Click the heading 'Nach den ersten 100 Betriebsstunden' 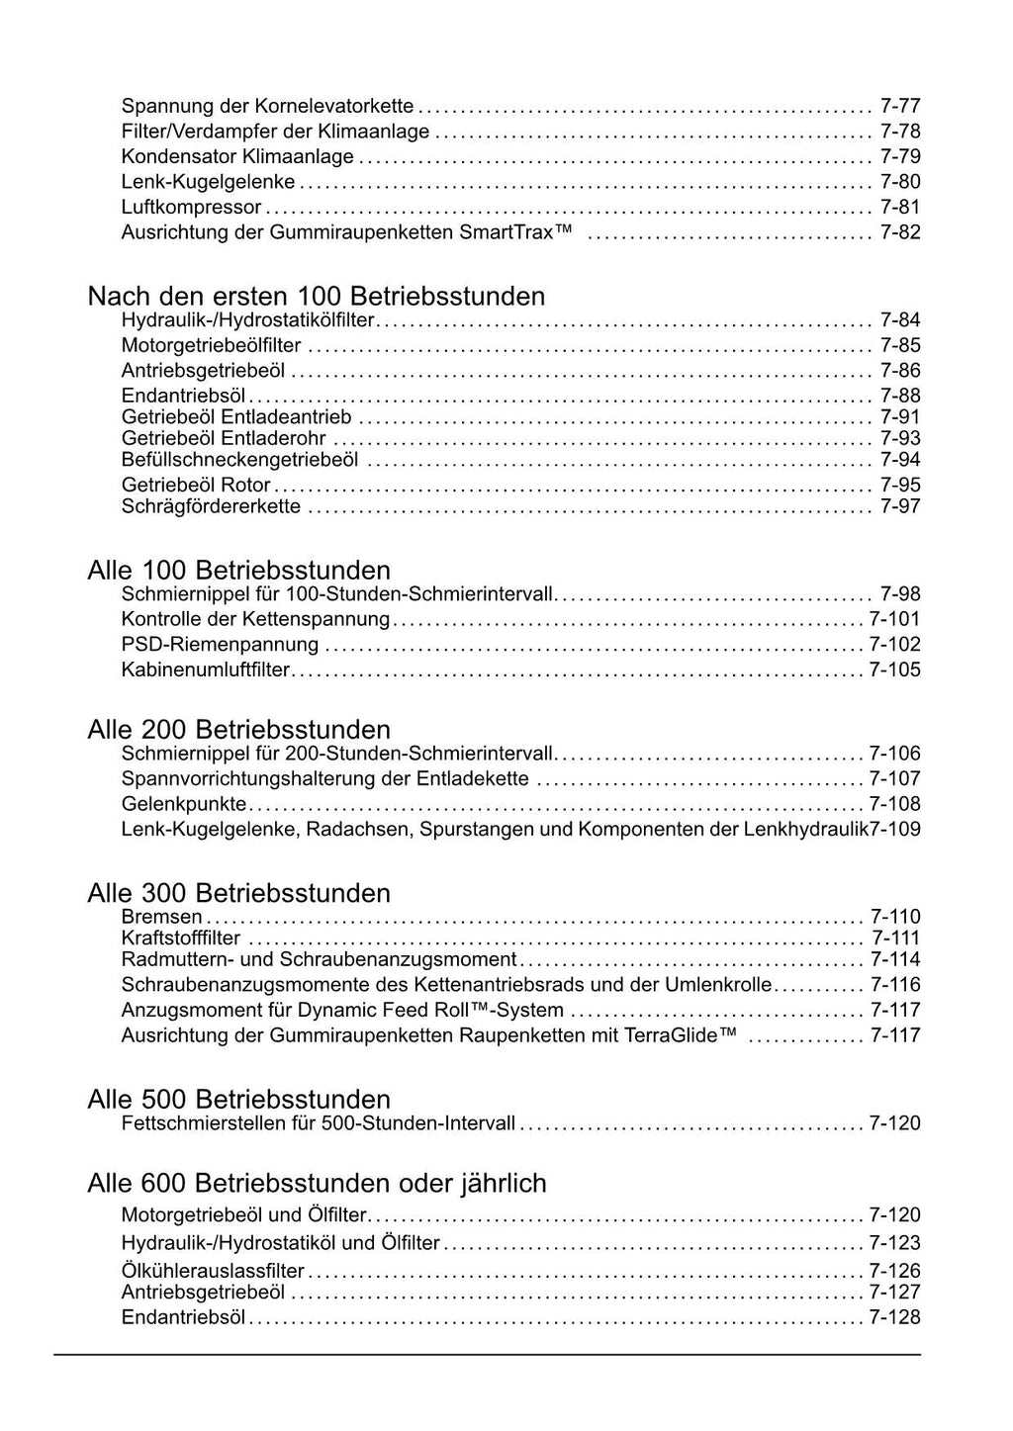tap(317, 296)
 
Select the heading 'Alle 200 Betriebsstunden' tap(239, 730)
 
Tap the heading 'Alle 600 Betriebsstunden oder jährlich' tap(317, 1183)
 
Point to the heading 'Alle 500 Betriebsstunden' tap(239, 1099)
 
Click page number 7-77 tap(900, 106)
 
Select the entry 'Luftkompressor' tap(191, 207)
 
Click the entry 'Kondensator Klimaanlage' tap(237, 156)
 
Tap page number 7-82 tap(900, 232)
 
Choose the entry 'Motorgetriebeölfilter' tap(211, 345)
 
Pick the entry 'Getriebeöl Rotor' tap(196, 485)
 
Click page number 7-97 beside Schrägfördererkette tap(900, 506)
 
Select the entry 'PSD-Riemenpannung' tap(220, 645)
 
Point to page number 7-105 tap(894, 670)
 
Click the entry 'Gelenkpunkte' tap(183, 804)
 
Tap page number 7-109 tap(895, 829)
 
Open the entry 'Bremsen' tap(161, 917)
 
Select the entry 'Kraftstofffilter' tap(180, 938)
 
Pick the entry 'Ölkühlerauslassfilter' tap(213, 1271)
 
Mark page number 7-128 tap(894, 1317)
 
